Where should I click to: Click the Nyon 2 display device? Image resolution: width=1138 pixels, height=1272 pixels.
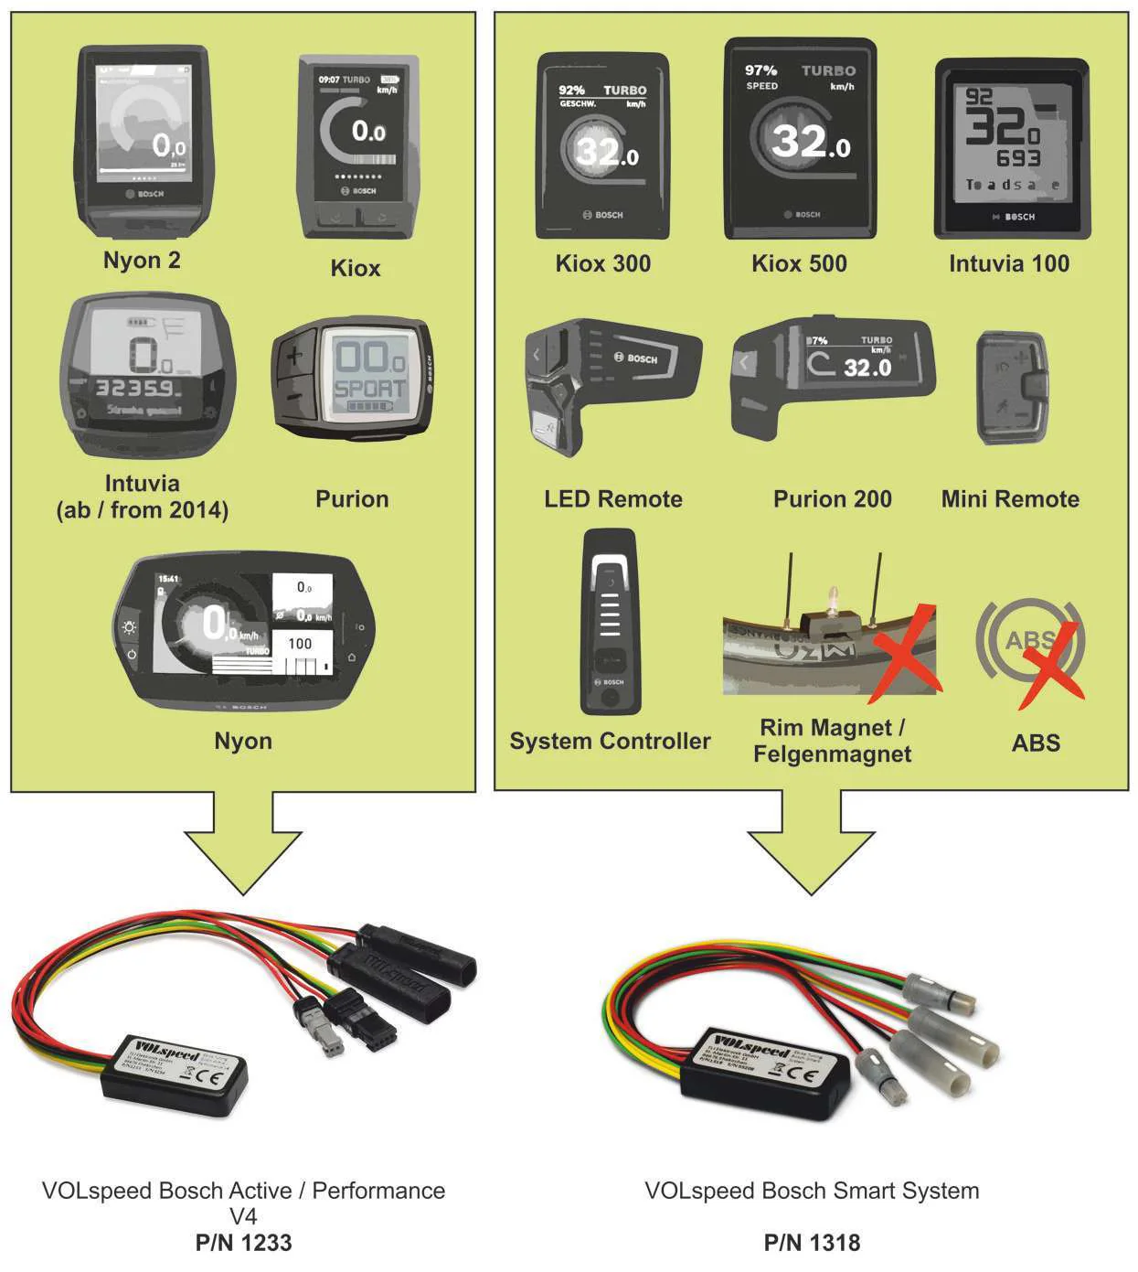[x=144, y=142]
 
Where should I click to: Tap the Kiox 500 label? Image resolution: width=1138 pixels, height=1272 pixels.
[x=799, y=264]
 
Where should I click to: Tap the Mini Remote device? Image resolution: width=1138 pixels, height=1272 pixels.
[x=1013, y=389]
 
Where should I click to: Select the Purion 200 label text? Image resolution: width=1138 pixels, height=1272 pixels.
[x=832, y=499]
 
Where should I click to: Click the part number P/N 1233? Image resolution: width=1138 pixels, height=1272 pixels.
[x=243, y=1243]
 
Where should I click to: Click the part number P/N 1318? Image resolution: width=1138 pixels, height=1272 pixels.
[x=812, y=1243]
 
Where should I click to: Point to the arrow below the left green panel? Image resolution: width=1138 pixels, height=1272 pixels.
[x=243, y=846]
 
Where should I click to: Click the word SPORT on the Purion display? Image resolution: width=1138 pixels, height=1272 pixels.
[x=369, y=388]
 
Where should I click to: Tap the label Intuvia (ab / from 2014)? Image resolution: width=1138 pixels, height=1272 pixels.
[x=143, y=497]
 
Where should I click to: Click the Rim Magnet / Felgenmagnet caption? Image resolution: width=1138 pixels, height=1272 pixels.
[x=832, y=741]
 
